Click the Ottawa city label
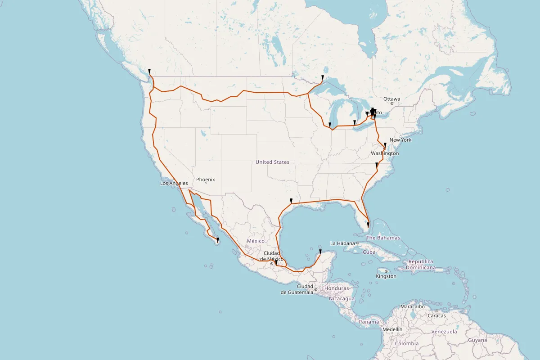(x=391, y=99)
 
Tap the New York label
(x=400, y=140)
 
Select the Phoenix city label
(x=205, y=180)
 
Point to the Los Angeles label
(x=174, y=183)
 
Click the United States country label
(x=272, y=162)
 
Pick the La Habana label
(x=343, y=243)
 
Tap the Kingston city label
(x=387, y=276)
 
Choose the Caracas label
(x=436, y=315)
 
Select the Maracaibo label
(x=412, y=306)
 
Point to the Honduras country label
(x=336, y=288)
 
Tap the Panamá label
(x=369, y=322)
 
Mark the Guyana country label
(x=477, y=340)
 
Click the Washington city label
(x=385, y=153)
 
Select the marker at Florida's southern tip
(x=368, y=225)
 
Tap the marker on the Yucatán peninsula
(x=320, y=252)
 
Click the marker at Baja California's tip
(x=218, y=240)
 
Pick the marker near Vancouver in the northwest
(x=149, y=71)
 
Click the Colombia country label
(x=407, y=343)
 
